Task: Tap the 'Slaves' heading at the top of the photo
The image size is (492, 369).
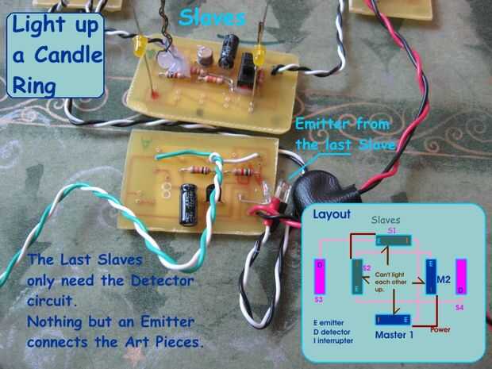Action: [x=212, y=17]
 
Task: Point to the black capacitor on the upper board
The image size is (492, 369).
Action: [x=231, y=49]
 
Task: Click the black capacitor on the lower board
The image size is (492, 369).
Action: [x=190, y=202]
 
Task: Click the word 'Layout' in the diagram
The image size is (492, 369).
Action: [x=331, y=214]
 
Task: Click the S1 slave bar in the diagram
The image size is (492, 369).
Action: [x=393, y=240]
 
